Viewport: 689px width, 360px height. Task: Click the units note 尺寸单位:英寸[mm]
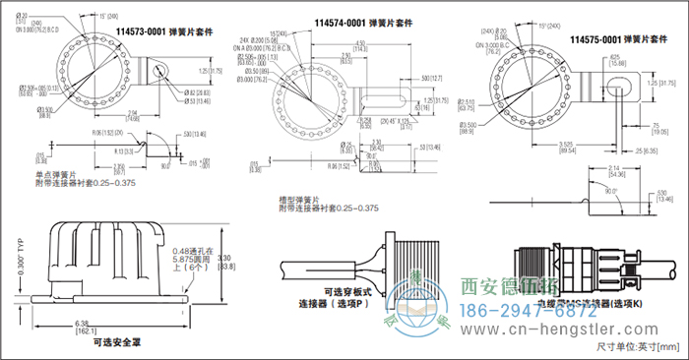tap(637, 346)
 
